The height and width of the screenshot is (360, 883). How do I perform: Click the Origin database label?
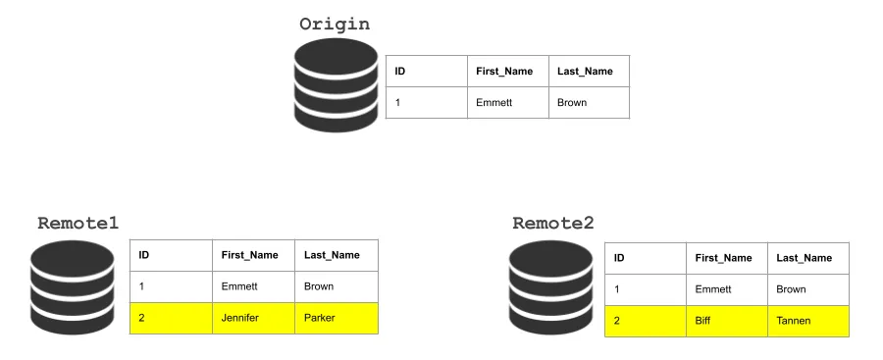point(335,24)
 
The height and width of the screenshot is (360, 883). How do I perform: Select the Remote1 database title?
point(78,223)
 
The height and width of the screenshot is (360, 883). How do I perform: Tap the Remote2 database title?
point(552,223)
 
